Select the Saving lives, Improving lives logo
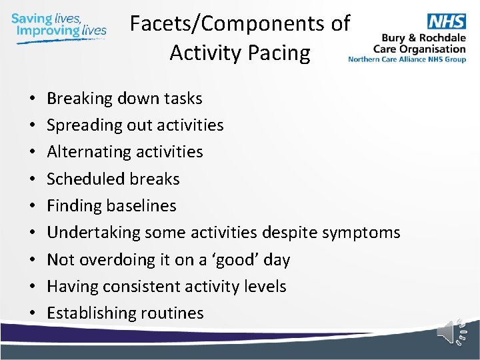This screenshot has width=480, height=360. click(x=59, y=25)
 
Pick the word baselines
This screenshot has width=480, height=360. click(x=141, y=205)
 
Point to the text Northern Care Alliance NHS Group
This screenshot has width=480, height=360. click(x=407, y=59)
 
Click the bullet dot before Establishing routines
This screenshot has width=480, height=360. click(x=33, y=313)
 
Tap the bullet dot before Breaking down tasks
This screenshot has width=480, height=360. click(x=33, y=99)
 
